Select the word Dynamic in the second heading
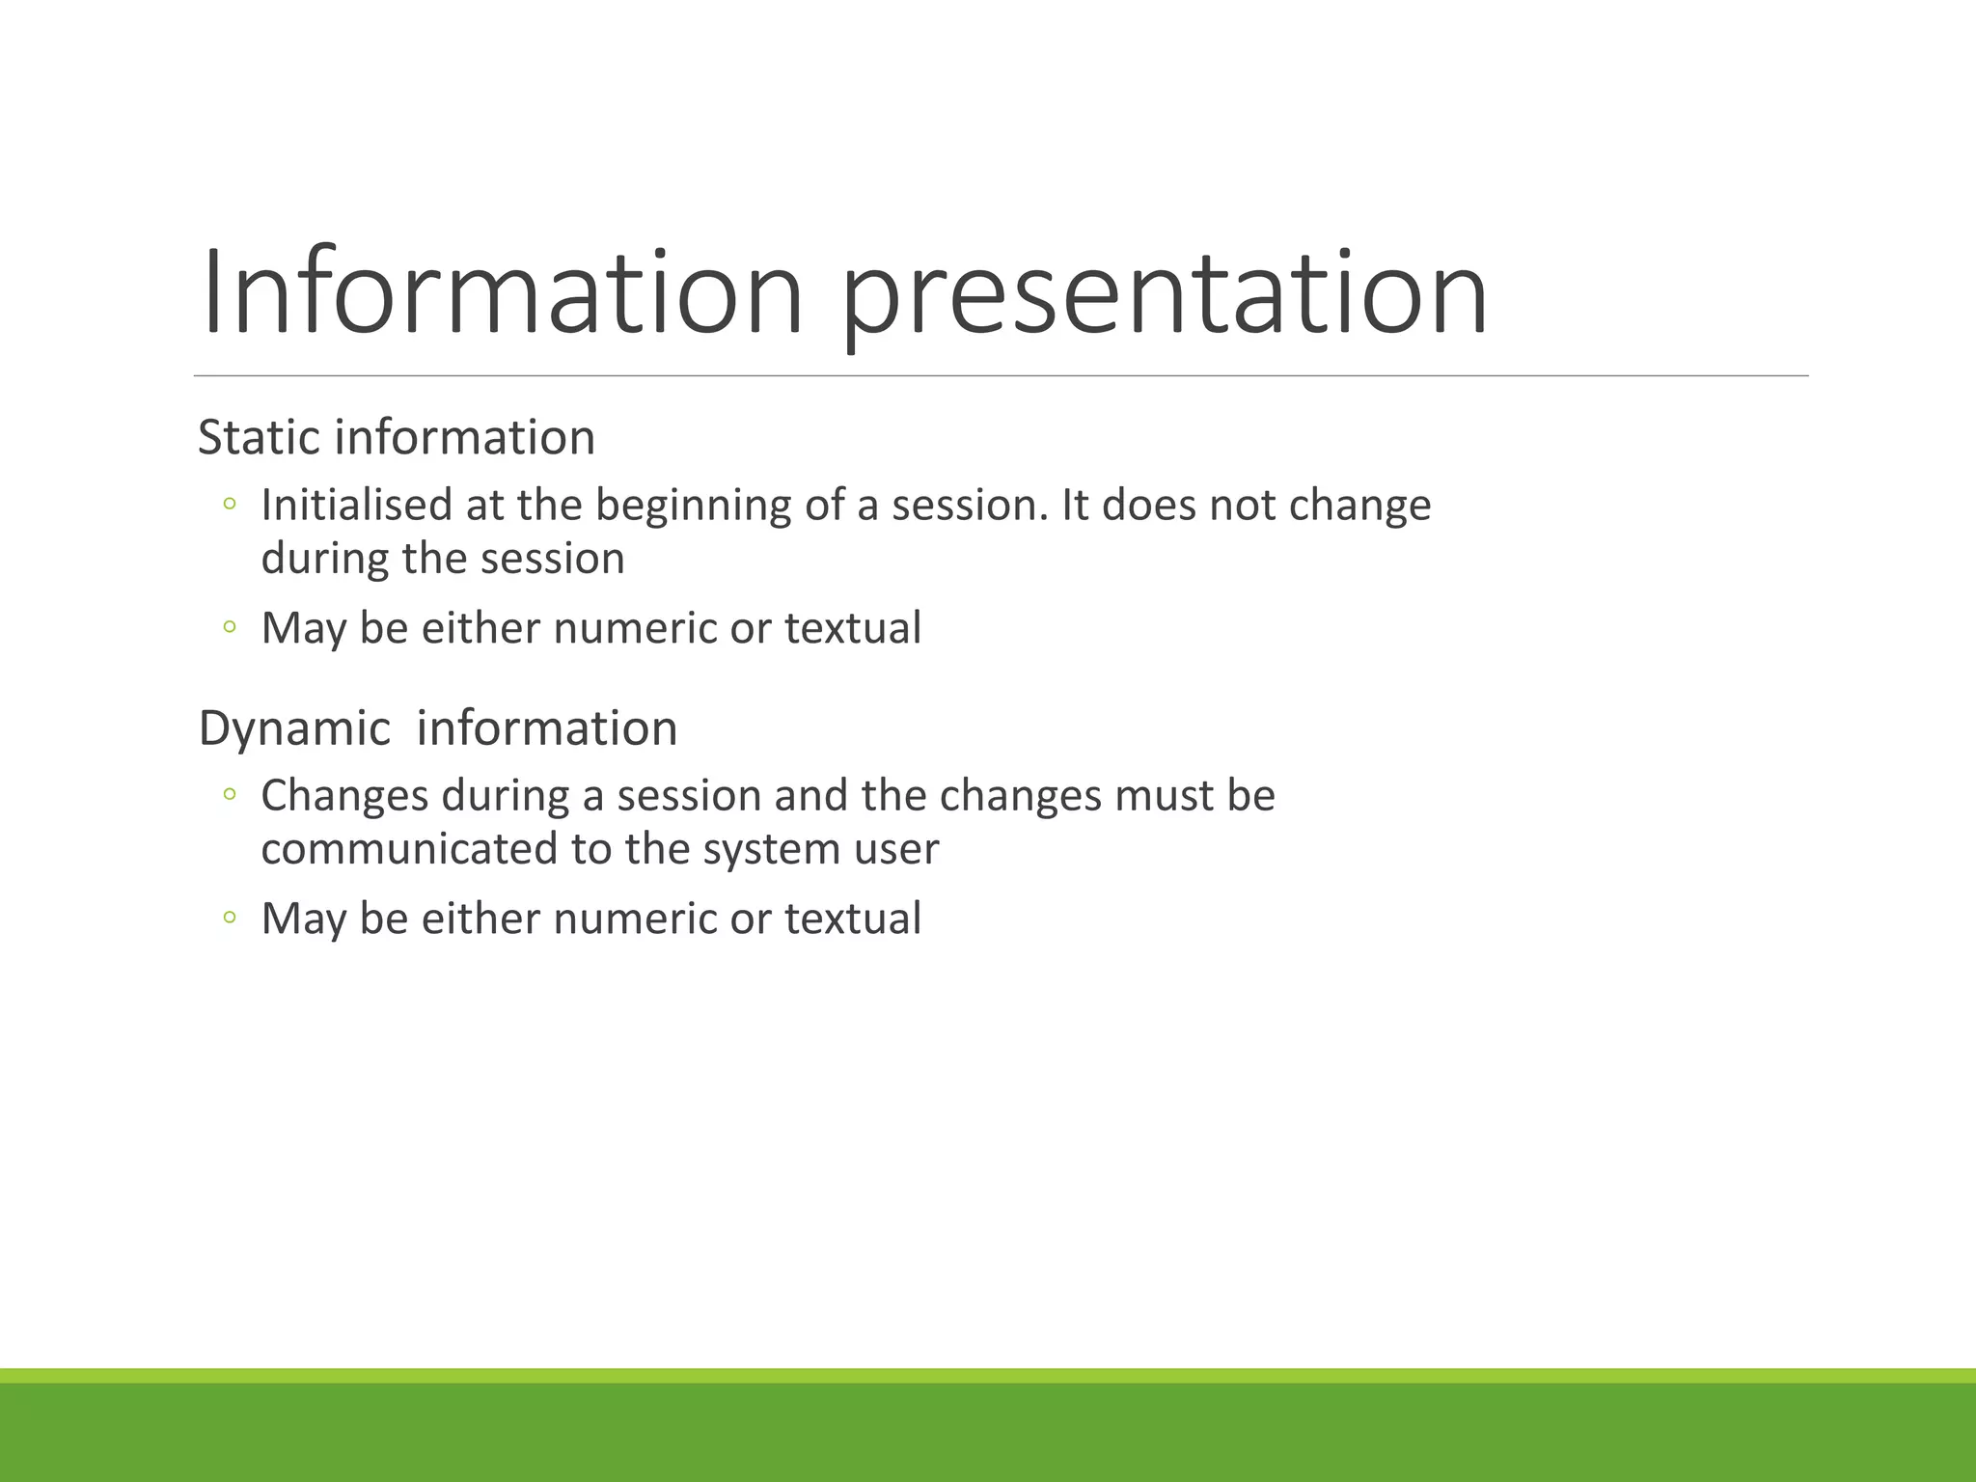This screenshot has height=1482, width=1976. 294,727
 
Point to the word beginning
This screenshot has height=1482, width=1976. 692,505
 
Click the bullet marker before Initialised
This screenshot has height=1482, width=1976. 229,504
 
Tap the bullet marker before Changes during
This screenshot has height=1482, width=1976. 229,794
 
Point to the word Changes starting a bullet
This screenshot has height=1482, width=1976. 343,796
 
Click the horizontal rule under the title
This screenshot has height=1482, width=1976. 1001,375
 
